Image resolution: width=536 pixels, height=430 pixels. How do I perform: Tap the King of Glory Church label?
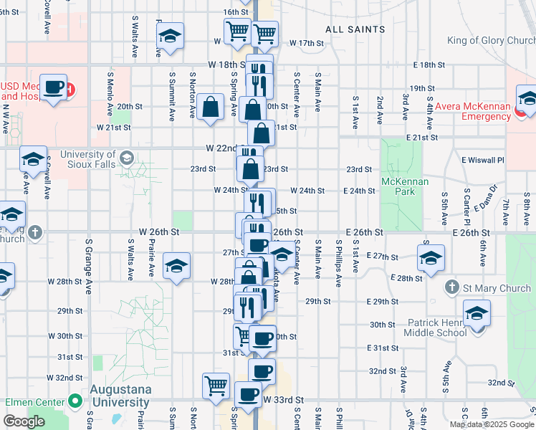(x=491, y=40)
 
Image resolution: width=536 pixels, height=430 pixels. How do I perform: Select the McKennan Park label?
(x=405, y=186)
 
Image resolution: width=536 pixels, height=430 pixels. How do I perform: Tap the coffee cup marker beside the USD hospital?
(x=53, y=87)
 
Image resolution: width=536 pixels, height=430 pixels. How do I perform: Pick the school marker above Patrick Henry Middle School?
(x=477, y=312)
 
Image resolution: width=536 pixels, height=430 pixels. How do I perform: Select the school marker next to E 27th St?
(x=431, y=257)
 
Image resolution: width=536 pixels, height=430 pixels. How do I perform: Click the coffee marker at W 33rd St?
(x=249, y=394)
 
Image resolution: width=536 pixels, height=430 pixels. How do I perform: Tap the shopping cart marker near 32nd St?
(x=216, y=385)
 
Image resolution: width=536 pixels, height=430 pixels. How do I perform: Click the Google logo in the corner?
(x=24, y=421)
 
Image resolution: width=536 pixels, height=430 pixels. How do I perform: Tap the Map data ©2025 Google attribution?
(x=492, y=424)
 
